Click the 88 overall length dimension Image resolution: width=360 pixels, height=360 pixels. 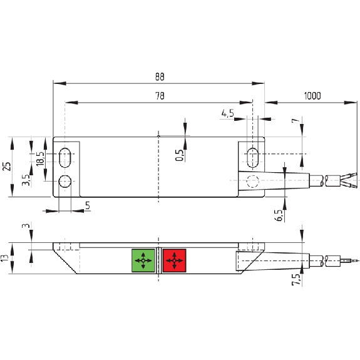[160, 76]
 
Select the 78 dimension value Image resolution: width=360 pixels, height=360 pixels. [160, 96]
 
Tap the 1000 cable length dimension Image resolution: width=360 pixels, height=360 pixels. [312, 96]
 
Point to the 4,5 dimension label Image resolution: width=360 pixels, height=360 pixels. [228, 113]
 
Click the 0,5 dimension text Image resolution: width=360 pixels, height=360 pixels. [180, 155]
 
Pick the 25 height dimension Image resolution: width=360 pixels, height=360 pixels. [7, 167]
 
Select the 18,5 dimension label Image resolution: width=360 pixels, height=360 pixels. [40, 158]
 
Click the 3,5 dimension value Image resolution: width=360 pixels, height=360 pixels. [26, 180]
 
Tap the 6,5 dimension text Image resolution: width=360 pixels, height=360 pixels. [279, 215]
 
